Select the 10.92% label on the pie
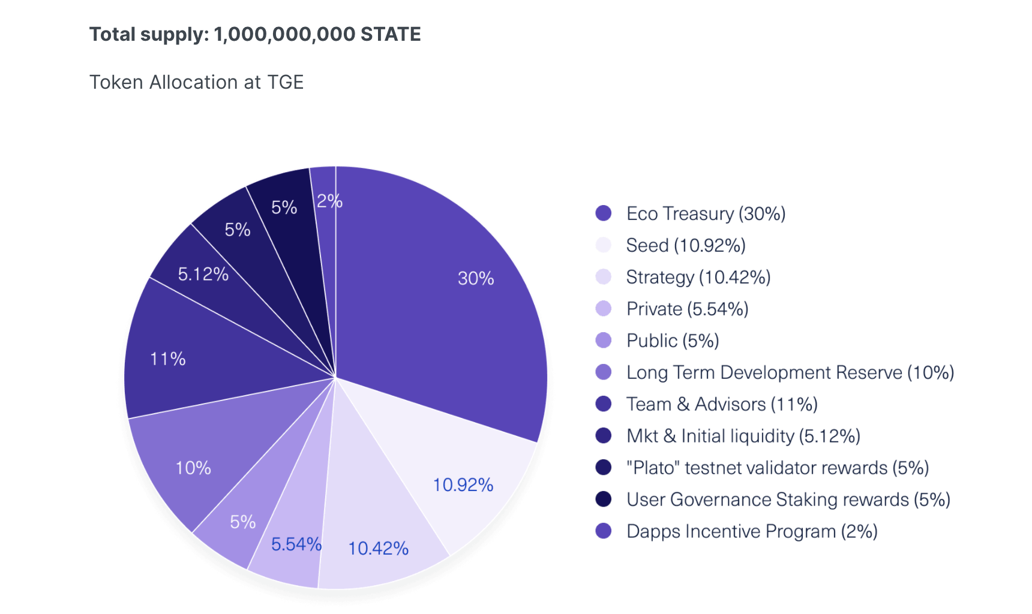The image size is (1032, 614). tap(463, 484)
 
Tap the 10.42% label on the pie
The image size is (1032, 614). tap(378, 548)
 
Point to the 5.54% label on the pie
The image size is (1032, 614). tap(296, 544)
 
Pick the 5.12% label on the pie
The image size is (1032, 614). tap(203, 274)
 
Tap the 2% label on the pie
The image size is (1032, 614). tap(329, 201)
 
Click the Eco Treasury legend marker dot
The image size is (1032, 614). tap(603, 213)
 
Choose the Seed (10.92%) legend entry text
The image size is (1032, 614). tap(685, 245)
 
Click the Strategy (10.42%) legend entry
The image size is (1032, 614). tap(698, 277)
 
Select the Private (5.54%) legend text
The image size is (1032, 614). tap(687, 309)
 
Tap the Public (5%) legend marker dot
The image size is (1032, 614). tap(603, 341)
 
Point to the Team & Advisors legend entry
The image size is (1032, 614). tap(721, 404)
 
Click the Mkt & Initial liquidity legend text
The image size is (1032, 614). tap(743, 436)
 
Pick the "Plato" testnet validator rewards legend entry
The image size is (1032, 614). tap(777, 468)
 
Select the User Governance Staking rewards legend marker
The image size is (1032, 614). tap(603, 499)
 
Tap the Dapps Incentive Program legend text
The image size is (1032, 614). tap(751, 531)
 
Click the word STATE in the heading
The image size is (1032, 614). tap(391, 34)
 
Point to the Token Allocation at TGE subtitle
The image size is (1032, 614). tap(196, 82)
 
